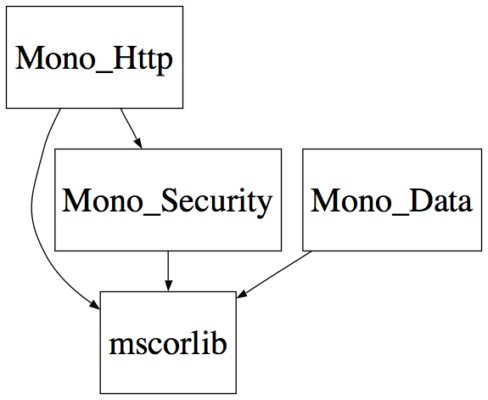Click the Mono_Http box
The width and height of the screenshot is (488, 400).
click(94, 57)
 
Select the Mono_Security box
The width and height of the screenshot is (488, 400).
click(168, 200)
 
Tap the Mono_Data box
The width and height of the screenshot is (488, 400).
click(392, 200)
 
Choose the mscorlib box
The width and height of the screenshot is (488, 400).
click(168, 343)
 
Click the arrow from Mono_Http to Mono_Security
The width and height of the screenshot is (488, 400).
click(131, 128)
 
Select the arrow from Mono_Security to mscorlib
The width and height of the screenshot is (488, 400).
click(168, 271)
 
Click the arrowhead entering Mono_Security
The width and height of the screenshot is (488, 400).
click(137, 144)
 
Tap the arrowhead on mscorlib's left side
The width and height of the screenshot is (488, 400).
click(95, 305)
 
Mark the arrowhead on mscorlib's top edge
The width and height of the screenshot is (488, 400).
click(168, 286)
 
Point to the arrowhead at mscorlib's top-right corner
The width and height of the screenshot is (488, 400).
click(242, 294)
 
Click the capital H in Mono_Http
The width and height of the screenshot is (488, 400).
click(125, 58)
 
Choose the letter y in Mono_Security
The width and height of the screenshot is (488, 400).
click(265, 206)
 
